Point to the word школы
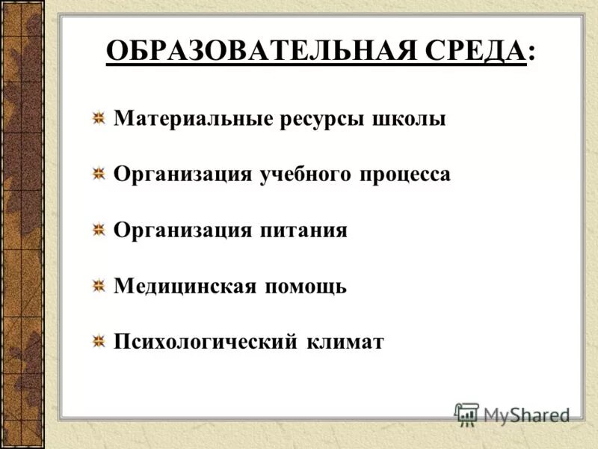[408, 119]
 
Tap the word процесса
[407, 175]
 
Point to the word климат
[345, 342]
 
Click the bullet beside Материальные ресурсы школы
[98, 119]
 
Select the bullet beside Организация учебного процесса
[98, 175]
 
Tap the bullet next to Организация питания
[98, 230]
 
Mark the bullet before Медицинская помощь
[98, 286]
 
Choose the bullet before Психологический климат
[98, 342]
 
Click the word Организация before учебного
[182, 175]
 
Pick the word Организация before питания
[182, 230]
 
